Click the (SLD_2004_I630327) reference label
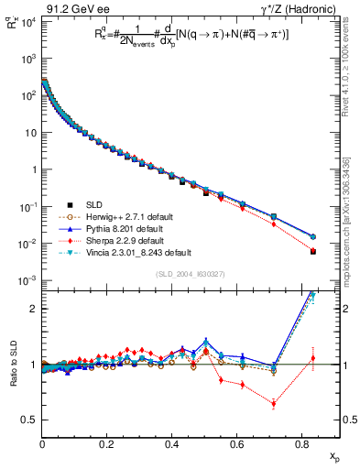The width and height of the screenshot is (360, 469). [187, 274]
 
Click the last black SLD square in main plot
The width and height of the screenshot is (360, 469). [313, 251]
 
